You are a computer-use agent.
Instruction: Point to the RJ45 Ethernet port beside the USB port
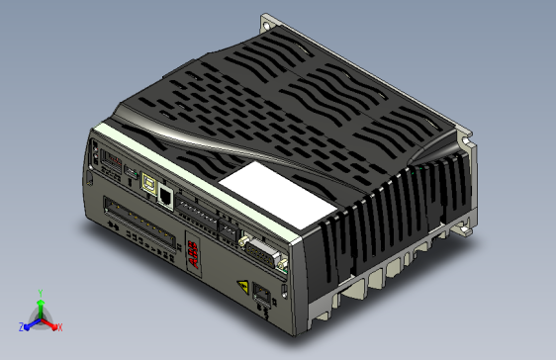point(167,195)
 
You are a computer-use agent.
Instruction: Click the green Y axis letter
point(39,293)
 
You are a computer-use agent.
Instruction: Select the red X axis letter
point(59,326)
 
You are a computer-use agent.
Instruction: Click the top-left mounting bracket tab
point(269,23)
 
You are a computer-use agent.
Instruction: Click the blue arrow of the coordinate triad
point(30,323)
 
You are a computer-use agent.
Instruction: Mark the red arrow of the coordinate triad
point(49,323)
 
